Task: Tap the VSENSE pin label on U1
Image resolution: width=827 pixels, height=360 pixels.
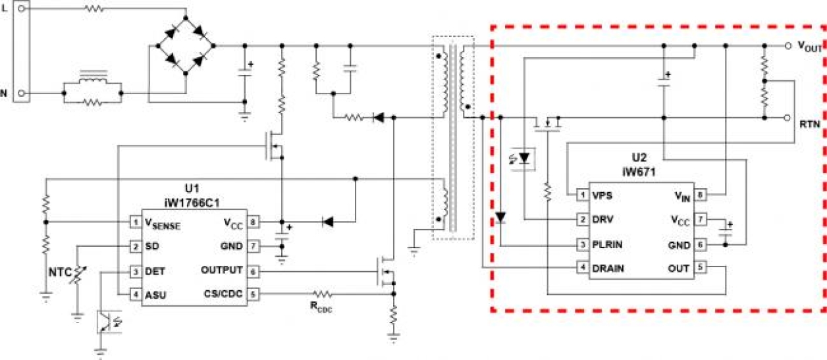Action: (162, 224)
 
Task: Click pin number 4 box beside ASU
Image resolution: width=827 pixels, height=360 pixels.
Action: (135, 295)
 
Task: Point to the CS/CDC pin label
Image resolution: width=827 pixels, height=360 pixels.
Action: (223, 294)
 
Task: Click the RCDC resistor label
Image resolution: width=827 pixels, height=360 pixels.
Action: (322, 307)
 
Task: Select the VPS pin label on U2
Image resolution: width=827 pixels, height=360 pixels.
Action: (602, 195)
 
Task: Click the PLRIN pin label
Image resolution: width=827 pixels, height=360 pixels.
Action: (608, 244)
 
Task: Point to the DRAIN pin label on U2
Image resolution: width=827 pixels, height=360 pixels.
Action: (608, 269)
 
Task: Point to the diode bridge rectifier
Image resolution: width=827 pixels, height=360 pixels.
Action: (185, 46)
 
